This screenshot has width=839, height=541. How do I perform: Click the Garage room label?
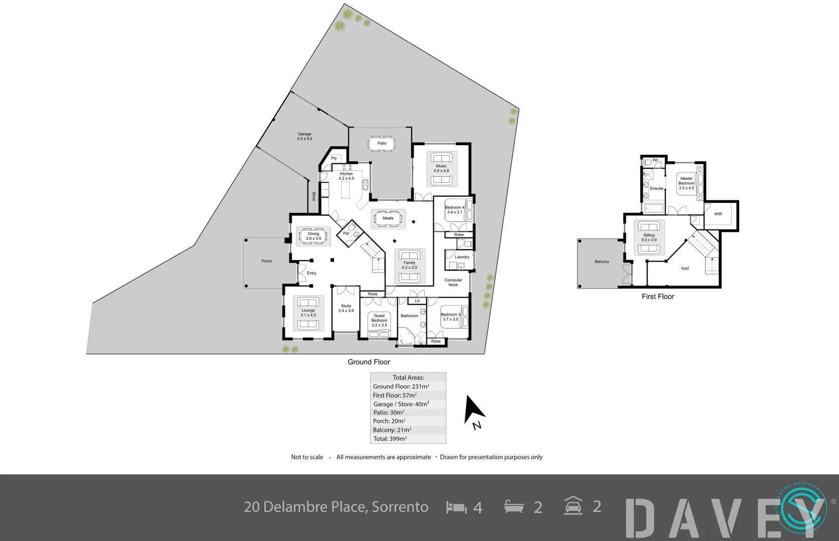[x=304, y=136]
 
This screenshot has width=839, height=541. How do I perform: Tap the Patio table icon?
[x=382, y=143]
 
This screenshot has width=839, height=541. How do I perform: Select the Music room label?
[x=441, y=168]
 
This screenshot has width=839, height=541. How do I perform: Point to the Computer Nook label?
[x=453, y=283]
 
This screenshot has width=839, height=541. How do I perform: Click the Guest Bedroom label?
[x=380, y=320]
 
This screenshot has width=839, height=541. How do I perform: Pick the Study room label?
[x=346, y=308]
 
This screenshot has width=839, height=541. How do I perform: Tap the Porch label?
[x=267, y=261]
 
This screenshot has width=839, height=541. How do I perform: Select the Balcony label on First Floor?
[x=602, y=261]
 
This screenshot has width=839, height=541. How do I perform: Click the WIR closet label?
[x=718, y=214]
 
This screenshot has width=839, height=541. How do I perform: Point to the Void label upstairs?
[x=685, y=268]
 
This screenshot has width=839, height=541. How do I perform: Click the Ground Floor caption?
[x=369, y=362]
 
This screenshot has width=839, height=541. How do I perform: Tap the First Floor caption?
[x=658, y=297]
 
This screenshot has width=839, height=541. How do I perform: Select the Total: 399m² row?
[x=390, y=439]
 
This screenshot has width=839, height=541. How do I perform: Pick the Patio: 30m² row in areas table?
[x=389, y=413]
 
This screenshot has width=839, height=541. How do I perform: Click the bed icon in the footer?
[x=456, y=507]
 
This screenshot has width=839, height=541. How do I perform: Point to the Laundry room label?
[x=462, y=257]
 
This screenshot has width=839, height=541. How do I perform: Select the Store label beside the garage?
[x=314, y=196]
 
